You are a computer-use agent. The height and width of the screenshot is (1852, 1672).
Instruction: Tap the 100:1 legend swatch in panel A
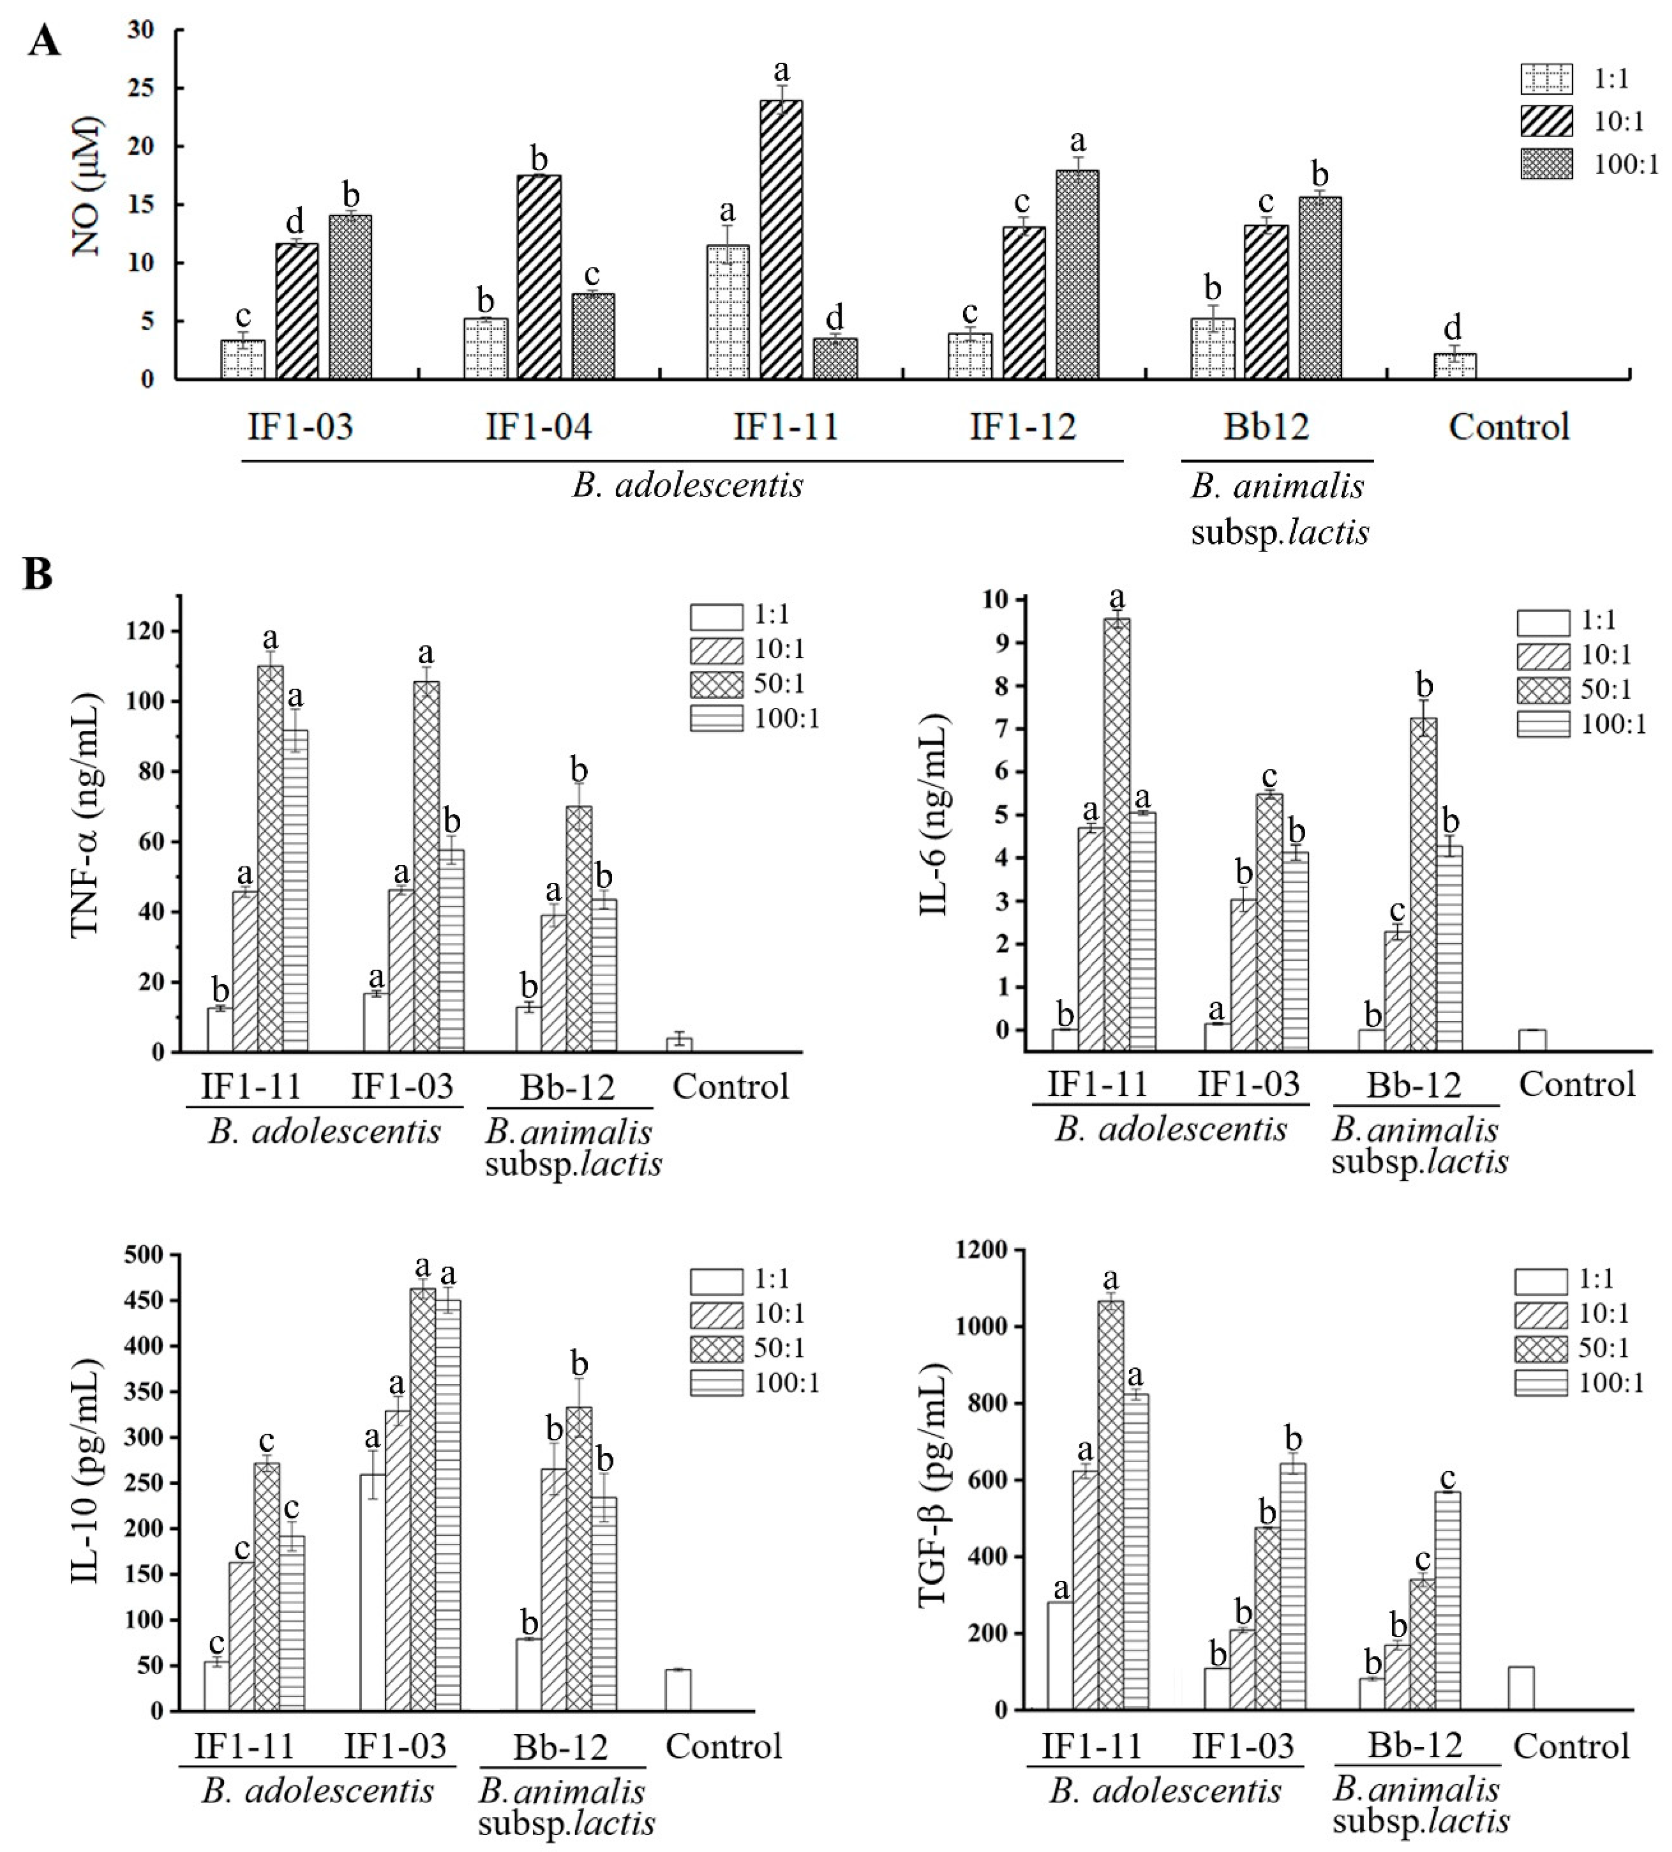click(1546, 165)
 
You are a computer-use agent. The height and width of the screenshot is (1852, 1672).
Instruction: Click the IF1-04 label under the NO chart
click(539, 427)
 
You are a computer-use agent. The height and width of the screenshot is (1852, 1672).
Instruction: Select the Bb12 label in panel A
click(1266, 427)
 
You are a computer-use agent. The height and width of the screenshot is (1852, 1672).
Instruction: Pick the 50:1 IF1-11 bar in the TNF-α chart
click(270, 859)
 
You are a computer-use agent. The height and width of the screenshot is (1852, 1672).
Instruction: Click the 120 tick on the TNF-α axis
click(147, 631)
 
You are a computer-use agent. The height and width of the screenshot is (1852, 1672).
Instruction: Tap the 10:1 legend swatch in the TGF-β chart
click(1541, 1313)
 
